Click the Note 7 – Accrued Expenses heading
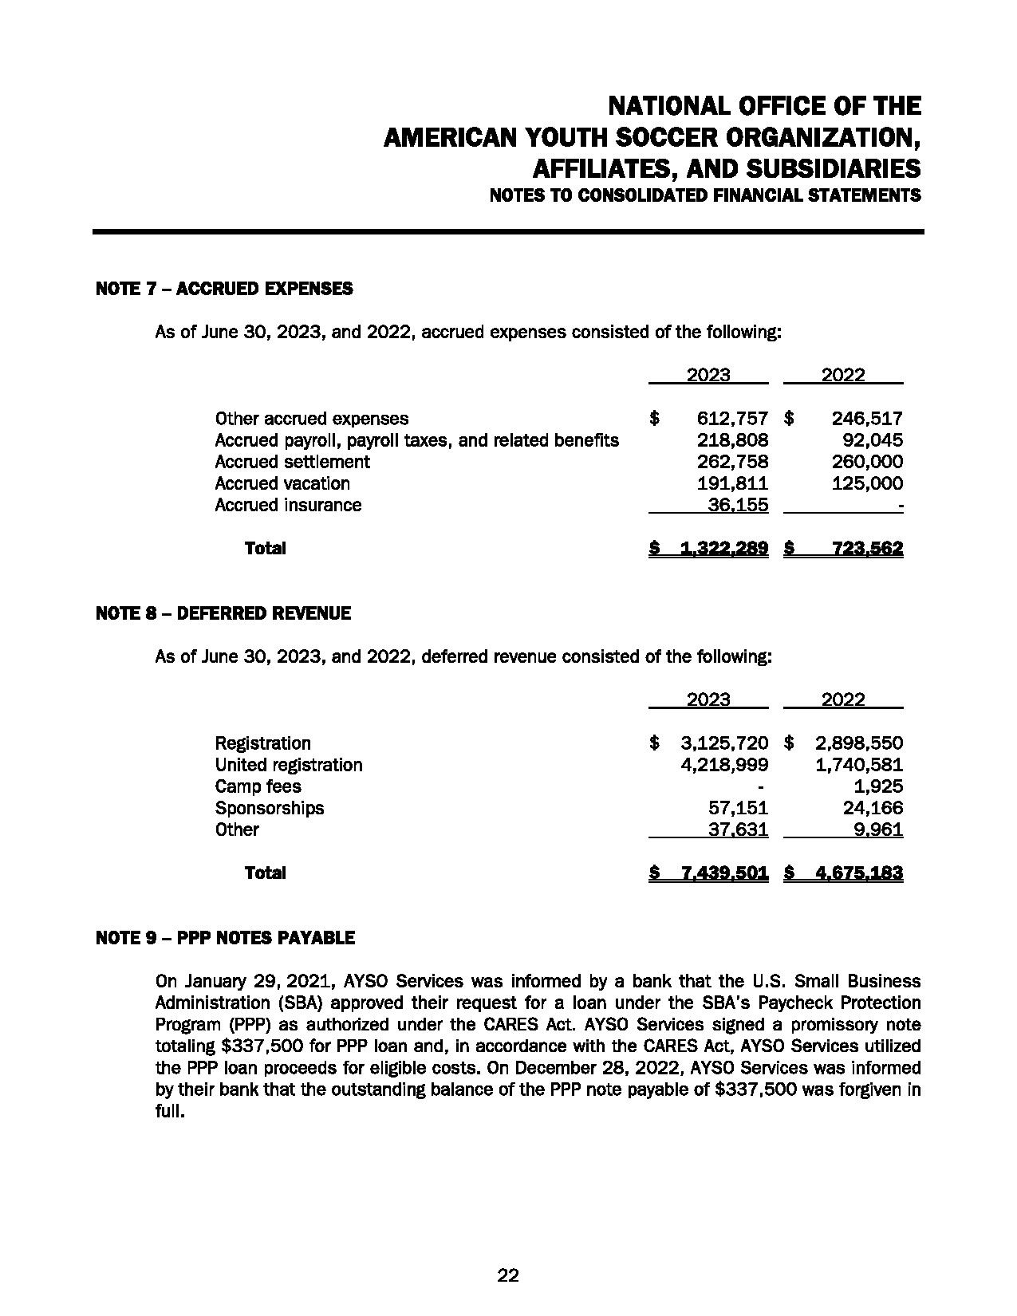click(223, 289)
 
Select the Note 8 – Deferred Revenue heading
click(223, 613)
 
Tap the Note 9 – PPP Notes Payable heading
click(225, 938)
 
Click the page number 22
click(508, 1275)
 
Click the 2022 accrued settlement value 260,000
click(867, 462)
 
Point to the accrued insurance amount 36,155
click(739, 505)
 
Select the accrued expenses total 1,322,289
click(724, 548)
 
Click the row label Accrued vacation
click(282, 483)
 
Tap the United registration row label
click(288, 765)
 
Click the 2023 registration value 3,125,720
click(724, 743)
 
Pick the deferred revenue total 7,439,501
click(724, 873)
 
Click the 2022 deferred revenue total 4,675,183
click(859, 873)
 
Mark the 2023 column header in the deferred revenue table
click(708, 699)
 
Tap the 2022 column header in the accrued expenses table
click(843, 375)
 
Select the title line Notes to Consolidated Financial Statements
click(705, 195)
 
